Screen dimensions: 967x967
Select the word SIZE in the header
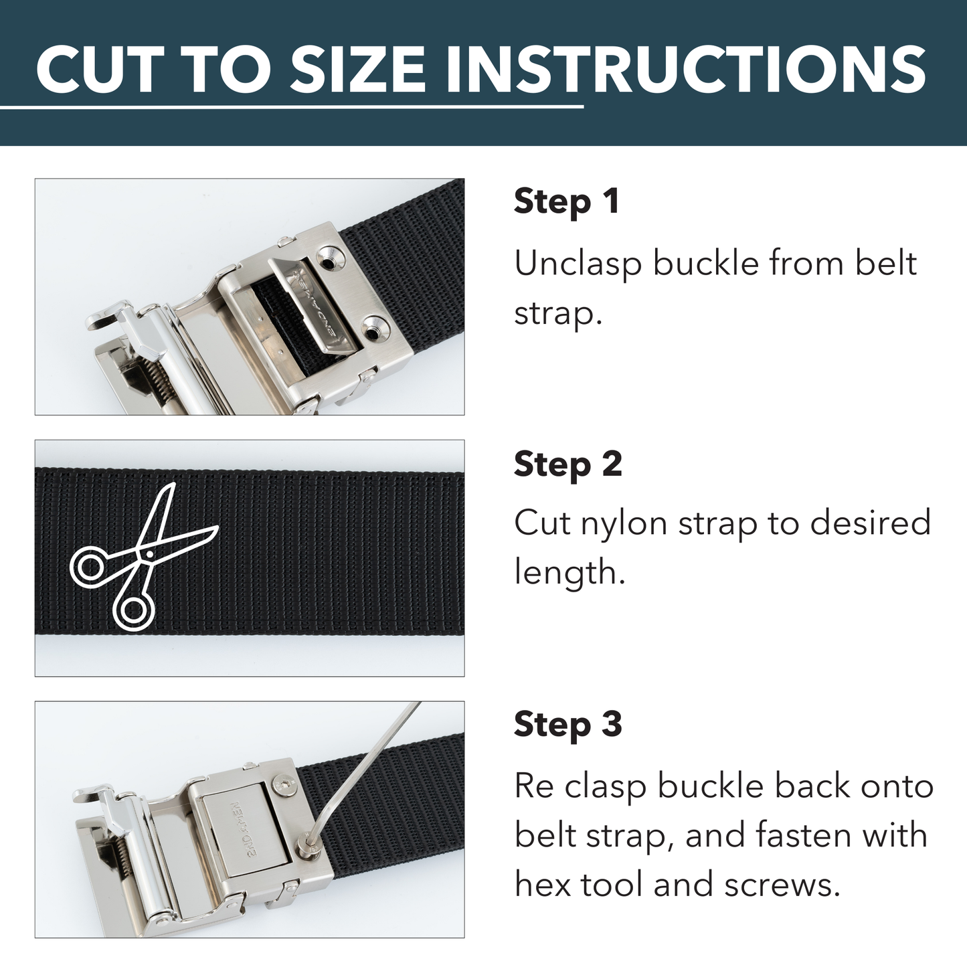tap(357, 70)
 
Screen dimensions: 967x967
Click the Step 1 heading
tap(566, 201)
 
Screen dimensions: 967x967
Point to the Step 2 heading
tap(567, 464)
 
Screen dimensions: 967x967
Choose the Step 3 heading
tap(567, 725)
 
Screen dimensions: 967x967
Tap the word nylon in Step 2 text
tap(624, 524)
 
